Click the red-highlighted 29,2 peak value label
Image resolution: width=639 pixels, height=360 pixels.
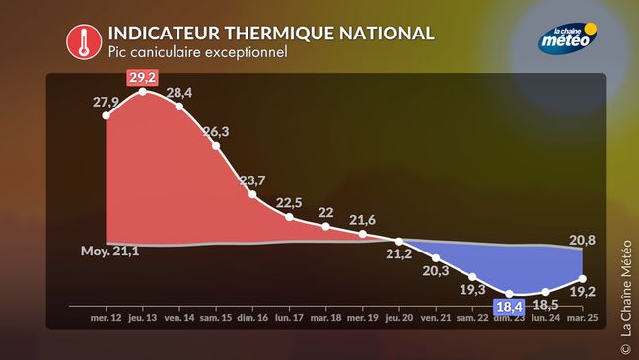[x=142, y=77]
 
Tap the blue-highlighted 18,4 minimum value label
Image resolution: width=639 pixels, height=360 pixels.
[x=509, y=307]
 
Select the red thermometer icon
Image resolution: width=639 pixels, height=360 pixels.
[x=84, y=41]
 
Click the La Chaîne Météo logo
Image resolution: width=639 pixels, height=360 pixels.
[x=568, y=37]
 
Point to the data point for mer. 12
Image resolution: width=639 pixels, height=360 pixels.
[x=106, y=115]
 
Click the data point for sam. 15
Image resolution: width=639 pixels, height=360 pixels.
[x=216, y=146]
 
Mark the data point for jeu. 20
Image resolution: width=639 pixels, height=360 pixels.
[x=399, y=242]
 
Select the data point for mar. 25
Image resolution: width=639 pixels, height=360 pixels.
[x=583, y=279]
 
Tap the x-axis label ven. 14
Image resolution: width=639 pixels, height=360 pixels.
[x=179, y=318]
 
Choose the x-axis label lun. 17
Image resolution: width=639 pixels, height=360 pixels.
[x=289, y=318]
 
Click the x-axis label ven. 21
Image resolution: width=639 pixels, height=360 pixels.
[x=436, y=318]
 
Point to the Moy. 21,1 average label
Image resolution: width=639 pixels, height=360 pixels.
[x=109, y=251]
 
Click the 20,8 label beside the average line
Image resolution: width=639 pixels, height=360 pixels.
[x=582, y=240]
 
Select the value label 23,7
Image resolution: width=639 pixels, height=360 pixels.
[x=252, y=180]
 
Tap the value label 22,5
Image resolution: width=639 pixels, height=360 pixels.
[x=289, y=202]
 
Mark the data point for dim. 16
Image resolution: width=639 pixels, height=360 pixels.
[x=252, y=194]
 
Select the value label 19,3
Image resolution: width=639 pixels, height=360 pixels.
[x=472, y=289]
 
